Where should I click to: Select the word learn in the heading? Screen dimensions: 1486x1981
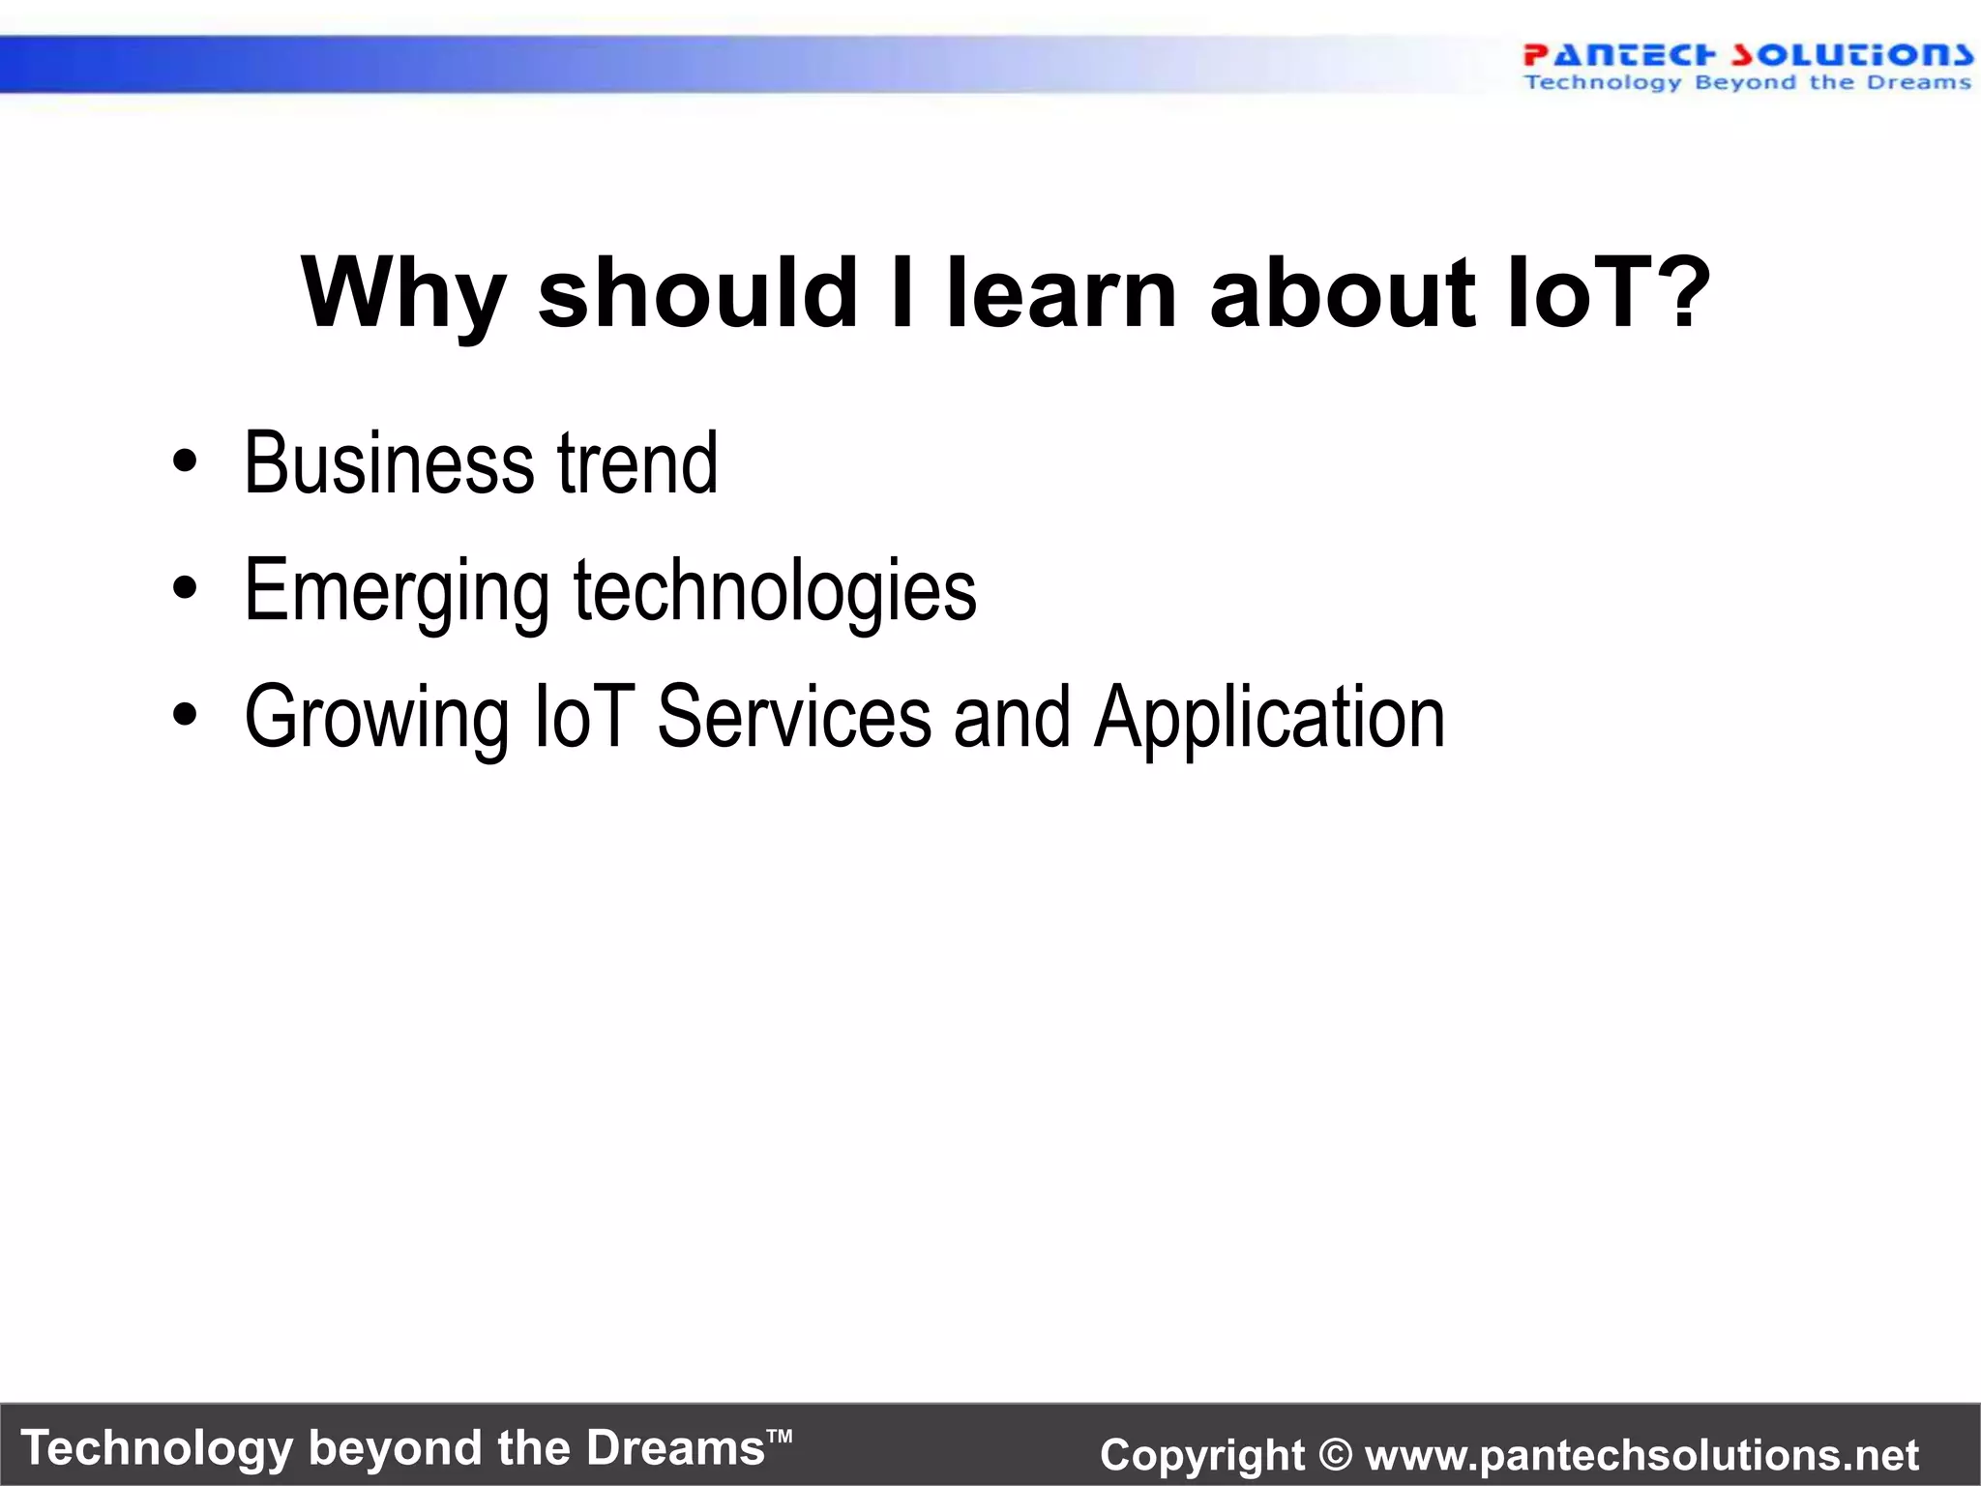1060,292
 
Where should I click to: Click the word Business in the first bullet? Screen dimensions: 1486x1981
387,464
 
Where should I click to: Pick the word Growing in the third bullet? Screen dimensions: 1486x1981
376,719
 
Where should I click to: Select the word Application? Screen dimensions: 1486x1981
1269,719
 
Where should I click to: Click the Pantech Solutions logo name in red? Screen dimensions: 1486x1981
1747,54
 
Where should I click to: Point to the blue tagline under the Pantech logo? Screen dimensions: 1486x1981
1747,83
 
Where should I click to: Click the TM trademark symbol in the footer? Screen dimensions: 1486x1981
780,1435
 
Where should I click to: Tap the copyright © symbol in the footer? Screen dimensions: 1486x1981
1335,1455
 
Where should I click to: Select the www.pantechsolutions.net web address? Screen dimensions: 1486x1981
1641,1455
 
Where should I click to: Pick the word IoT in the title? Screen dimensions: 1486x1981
1577,292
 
